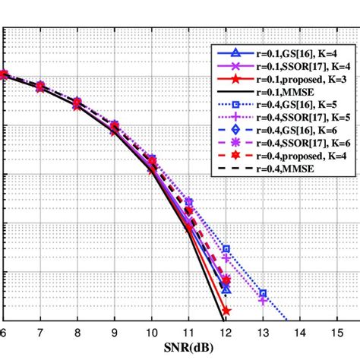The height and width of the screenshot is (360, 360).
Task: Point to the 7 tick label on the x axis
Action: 40,333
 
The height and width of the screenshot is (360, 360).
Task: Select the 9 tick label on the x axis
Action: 114,333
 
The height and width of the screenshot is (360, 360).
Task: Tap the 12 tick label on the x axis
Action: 226,333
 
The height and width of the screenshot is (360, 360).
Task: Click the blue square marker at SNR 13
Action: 263,292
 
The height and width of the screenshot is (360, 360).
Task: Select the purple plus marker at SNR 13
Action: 263,301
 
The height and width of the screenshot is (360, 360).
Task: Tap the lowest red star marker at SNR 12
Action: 226,311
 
